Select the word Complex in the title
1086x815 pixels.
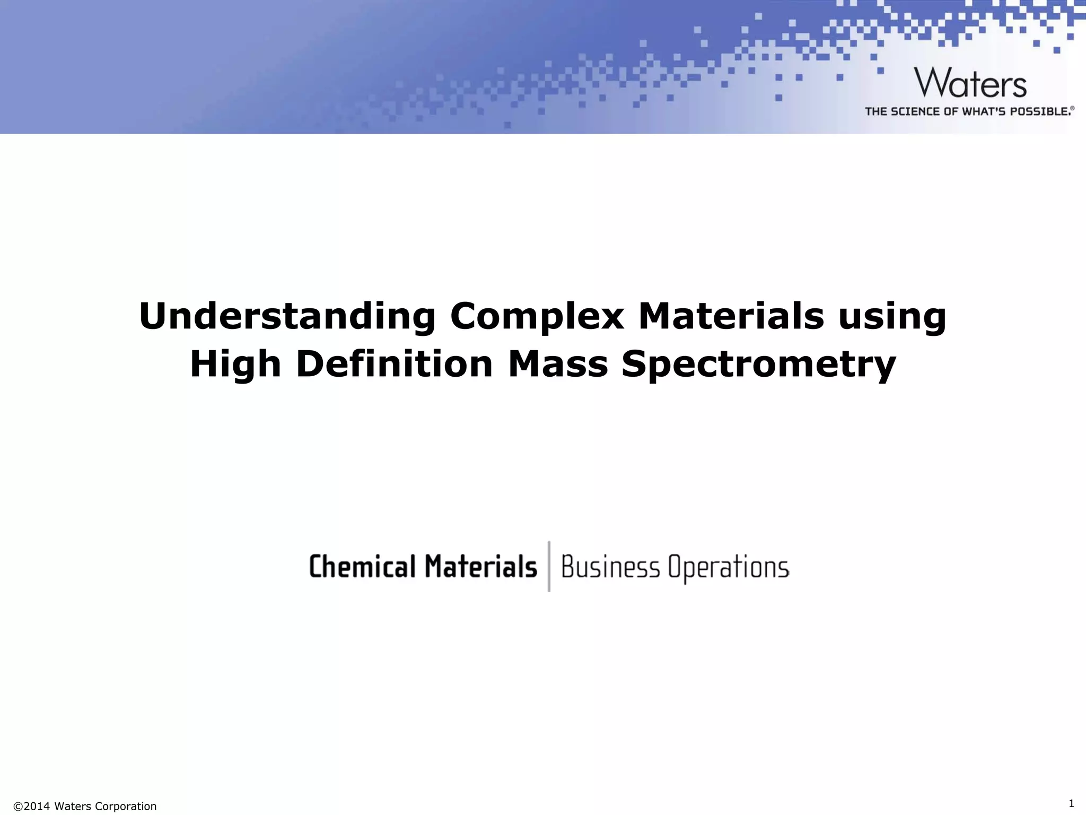pyautogui.click(x=537, y=316)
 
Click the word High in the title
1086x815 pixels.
pyautogui.click(x=235, y=365)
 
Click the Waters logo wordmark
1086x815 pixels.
pyautogui.click(x=970, y=83)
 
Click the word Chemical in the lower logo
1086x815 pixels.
pyautogui.click(x=362, y=566)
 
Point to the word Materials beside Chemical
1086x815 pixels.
pyautogui.click(x=480, y=566)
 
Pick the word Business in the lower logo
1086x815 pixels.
pyautogui.click(x=610, y=567)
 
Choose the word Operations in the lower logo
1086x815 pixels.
pyautogui.click(x=729, y=568)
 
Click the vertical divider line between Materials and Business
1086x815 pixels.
pyautogui.click(x=549, y=566)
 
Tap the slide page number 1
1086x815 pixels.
pyautogui.click(x=1071, y=803)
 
